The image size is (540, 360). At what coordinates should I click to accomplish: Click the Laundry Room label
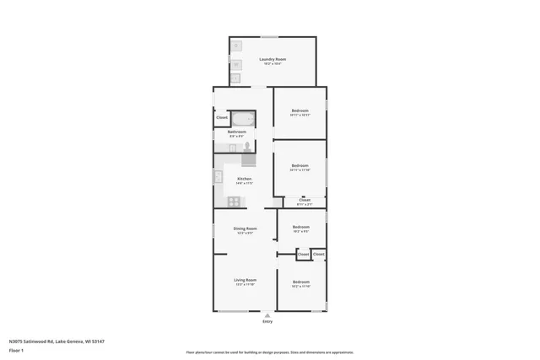[273, 59]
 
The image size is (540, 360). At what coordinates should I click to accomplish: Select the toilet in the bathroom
[248, 147]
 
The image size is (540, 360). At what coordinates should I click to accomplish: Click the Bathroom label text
[237, 132]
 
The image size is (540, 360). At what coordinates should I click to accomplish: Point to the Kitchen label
[244, 179]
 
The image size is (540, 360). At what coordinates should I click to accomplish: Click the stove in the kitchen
[234, 201]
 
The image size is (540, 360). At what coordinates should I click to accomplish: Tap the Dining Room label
[245, 228]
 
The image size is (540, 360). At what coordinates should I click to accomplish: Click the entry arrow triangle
[267, 315]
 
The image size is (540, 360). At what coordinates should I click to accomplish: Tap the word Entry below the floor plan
[267, 321]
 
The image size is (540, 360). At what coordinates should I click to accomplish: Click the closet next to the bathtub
[221, 118]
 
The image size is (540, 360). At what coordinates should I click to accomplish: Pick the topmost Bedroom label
[300, 110]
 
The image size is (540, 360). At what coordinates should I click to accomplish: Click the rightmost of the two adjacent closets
[318, 254]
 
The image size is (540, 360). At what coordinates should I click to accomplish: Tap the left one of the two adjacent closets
[303, 254]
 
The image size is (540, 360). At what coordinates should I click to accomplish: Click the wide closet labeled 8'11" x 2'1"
[304, 201]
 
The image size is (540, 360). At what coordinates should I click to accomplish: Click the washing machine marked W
[236, 64]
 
